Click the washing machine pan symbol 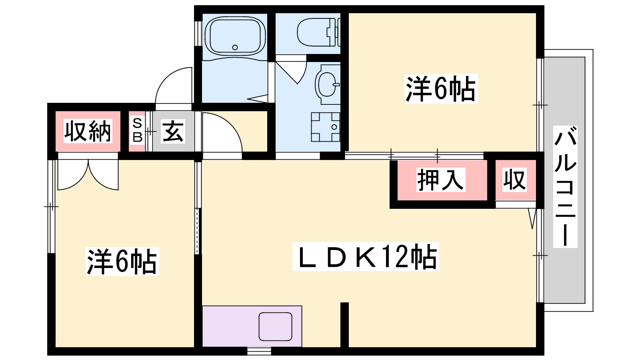click(326, 127)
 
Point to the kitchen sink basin click(275, 326)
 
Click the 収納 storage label click(88, 131)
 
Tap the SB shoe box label click(137, 130)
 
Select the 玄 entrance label click(173, 131)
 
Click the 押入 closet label click(440, 180)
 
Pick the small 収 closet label click(514, 180)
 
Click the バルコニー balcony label click(565, 186)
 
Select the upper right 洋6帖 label click(441, 89)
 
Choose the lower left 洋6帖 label click(122, 262)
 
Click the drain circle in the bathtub click(235, 47)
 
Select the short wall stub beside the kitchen click(344, 324)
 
